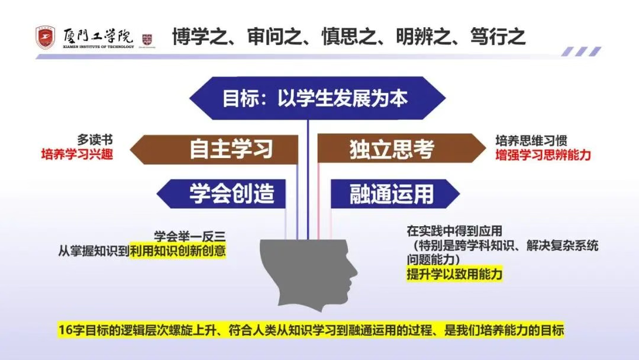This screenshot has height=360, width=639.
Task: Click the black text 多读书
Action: tap(95, 140)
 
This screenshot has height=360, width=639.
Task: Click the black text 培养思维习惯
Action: tap(531, 142)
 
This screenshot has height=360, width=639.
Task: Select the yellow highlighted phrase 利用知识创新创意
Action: tap(177, 250)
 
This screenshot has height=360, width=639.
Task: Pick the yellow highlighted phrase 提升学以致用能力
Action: tap(454, 275)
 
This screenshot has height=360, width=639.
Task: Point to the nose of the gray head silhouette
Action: tap(354, 274)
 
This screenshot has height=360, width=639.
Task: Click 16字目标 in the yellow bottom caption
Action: tap(83, 330)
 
